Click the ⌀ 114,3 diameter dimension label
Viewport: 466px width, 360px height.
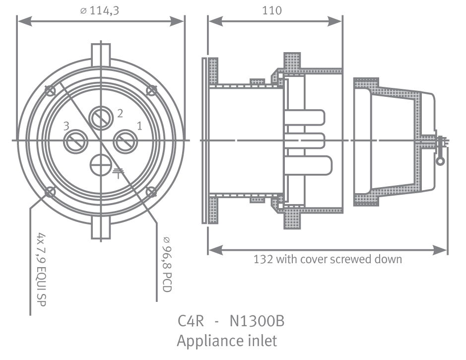100,11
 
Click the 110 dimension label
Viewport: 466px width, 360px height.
272,11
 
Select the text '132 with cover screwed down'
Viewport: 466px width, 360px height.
328,259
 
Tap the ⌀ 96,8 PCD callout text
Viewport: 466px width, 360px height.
167,264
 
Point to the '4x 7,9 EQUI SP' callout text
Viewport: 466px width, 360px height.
41,270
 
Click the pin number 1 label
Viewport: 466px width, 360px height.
139,126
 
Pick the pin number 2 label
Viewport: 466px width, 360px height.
120,113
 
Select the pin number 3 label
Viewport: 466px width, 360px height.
67,126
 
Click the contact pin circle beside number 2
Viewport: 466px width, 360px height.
101,118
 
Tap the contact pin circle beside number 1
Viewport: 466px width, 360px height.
126,142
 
